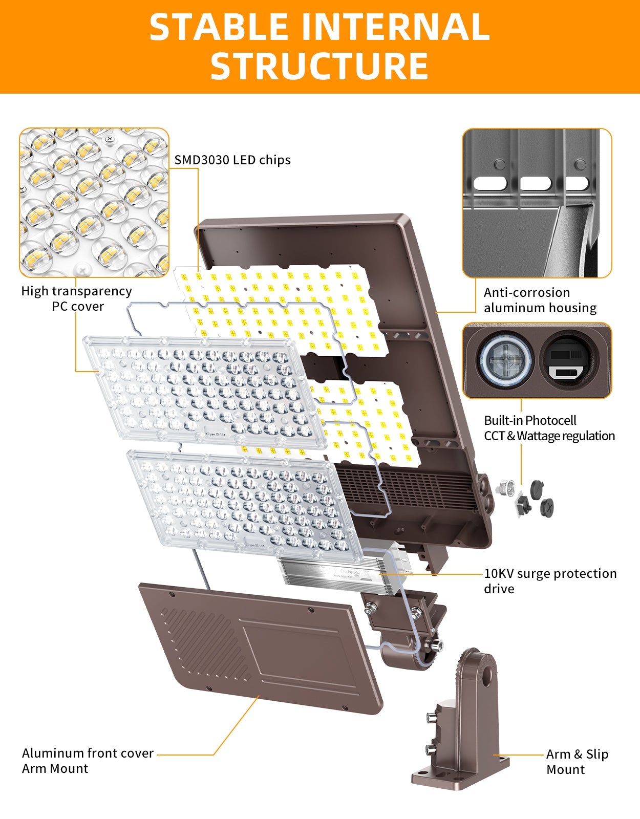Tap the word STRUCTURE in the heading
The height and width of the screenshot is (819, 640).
(x=319, y=66)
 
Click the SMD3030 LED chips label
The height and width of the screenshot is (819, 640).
(x=232, y=160)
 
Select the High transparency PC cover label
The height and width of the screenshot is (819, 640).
(x=77, y=298)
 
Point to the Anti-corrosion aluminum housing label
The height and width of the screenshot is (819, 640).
(x=540, y=300)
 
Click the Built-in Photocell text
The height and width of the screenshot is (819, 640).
(x=530, y=421)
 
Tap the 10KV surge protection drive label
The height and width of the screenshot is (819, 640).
(x=550, y=580)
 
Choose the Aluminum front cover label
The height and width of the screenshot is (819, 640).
(x=88, y=753)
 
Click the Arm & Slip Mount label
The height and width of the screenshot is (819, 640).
(x=577, y=762)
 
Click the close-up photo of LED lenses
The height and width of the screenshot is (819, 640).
(x=94, y=203)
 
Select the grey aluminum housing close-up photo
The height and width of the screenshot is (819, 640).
(x=537, y=203)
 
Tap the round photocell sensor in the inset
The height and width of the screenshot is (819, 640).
(x=506, y=360)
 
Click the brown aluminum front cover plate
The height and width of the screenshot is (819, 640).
(x=261, y=648)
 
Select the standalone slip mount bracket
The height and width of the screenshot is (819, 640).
(x=461, y=727)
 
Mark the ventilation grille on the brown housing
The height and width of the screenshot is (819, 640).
(x=404, y=489)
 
